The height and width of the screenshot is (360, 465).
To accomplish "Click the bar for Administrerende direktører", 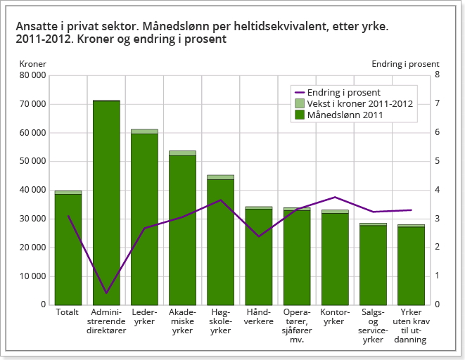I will [x=106, y=204].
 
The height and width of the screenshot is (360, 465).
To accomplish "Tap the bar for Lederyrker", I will [x=144, y=218].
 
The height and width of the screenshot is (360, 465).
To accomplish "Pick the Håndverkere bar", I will [x=259, y=257].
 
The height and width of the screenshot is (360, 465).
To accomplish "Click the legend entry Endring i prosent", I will [x=343, y=92].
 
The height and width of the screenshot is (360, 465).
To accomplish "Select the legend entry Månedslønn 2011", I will [x=344, y=115].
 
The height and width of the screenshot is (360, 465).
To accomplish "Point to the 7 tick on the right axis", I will [x=437, y=104].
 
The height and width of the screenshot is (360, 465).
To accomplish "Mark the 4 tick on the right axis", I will [x=437, y=190].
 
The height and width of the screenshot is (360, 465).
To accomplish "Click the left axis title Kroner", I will [x=32, y=64].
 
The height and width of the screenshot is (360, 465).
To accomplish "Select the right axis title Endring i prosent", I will [x=405, y=64].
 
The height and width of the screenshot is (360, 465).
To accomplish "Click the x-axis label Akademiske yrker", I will [x=182, y=321].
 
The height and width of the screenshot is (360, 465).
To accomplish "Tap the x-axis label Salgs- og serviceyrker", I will [x=373, y=326].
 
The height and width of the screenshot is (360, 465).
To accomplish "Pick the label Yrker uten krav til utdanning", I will [x=411, y=326].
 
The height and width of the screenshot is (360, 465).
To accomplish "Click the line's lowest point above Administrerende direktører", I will [x=106, y=292].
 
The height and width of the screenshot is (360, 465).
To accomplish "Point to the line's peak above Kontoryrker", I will [x=335, y=197].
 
